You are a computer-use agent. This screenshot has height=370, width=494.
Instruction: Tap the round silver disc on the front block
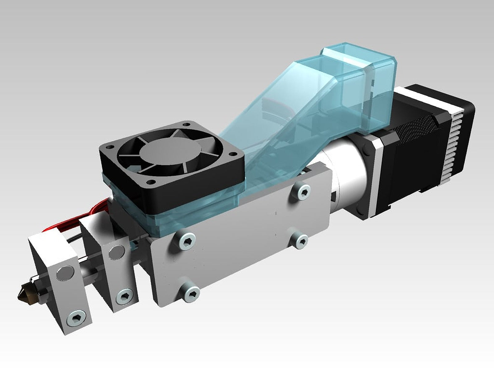click(x=65, y=273)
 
